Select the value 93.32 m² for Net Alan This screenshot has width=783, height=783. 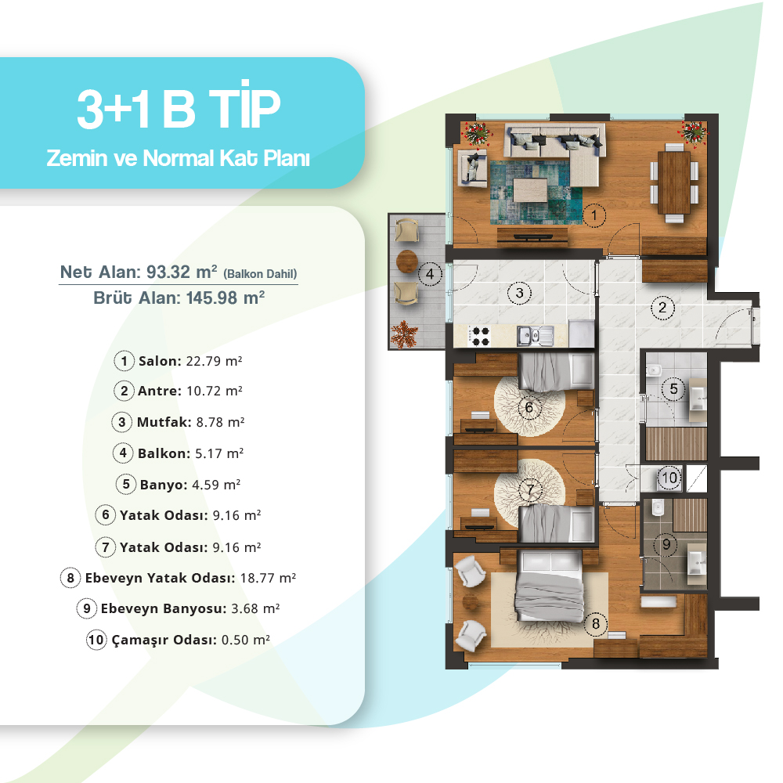click(x=182, y=272)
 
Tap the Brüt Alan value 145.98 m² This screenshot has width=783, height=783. click(x=226, y=298)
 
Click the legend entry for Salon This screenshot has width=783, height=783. click(x=178, y=361)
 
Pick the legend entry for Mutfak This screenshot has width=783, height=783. click(x=178, y=423)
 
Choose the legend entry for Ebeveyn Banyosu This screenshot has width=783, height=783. click(x=178, y=608)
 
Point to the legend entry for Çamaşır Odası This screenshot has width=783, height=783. click(x=178, y=640)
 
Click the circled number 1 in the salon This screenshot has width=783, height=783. click(x=594, y=216)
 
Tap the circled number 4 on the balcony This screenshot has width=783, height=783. click(x=429, y=274)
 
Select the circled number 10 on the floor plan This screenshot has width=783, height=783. click(x=669, y=478)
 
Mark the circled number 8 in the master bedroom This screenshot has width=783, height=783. click(x=595, y=624)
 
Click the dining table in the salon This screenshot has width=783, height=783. click(x=673, y=182)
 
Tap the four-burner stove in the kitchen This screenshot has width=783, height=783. click(x=481, y=336)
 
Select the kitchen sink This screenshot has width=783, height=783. click(x=535, y=336)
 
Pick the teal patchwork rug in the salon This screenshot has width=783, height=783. click(x=536, y=192)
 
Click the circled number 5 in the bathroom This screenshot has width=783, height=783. click(x=673, y=389)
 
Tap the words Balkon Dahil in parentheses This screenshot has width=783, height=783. click(x=260, y=274)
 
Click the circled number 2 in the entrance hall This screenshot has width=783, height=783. click(x=662, y=308)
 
